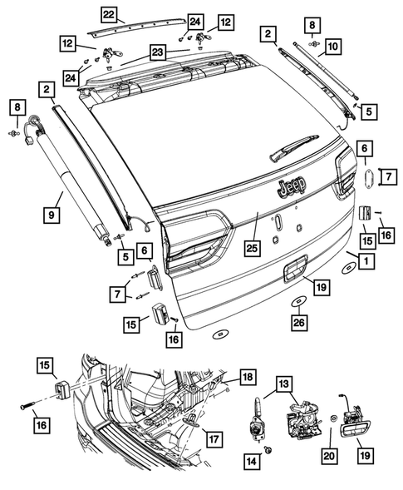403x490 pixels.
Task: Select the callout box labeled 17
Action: pyautogui.click(x=214, y=439)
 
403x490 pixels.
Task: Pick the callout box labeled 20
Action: pyautogui.click(x=331, y=455)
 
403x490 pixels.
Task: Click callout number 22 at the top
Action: pyautogui.click(x=109, y=12)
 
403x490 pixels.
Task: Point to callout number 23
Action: pyautogui.click(x=158, y=51)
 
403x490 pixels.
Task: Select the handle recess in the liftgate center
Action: pyautogui.click(x=290, y=270)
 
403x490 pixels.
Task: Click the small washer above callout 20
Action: pyautogui.click(x=332, y=418)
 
